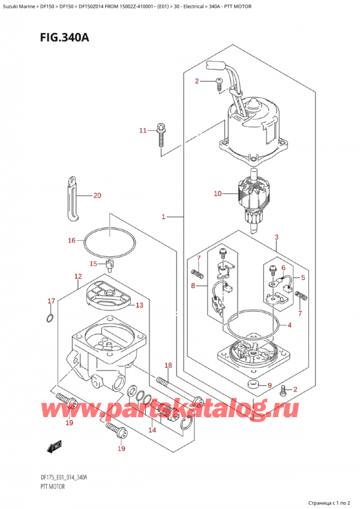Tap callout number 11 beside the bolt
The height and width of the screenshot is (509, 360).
[x=142, y=130]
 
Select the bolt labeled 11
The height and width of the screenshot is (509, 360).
[x=161, y=134]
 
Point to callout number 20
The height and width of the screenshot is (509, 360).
[x=98, y=196]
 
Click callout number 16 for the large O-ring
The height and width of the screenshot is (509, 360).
[x=71, y=241]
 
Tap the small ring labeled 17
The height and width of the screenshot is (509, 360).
[x=50, y=317]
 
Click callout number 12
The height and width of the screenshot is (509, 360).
[x=77, y=277]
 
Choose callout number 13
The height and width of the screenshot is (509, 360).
[x=139, y=305]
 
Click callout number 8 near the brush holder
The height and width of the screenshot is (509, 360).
[x=192, y=286]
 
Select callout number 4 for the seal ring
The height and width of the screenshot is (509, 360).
[x=290, y=326]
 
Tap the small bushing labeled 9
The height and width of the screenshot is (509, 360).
[x=253, y=384]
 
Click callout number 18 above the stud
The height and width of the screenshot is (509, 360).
[x=169, y=366]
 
